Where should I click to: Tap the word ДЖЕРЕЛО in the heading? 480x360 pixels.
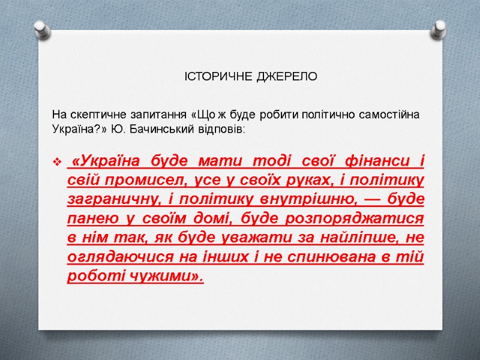click(x=287, y=77)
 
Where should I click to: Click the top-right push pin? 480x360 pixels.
click(x=440, y=28)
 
